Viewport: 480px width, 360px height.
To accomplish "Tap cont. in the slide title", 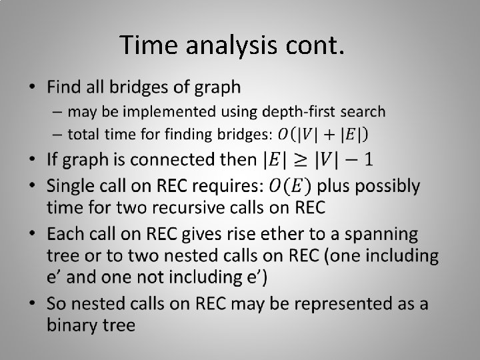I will coord(317,45).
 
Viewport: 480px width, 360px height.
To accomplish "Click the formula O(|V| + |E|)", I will coord(323,134).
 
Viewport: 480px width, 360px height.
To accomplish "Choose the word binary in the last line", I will coord(70,325).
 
